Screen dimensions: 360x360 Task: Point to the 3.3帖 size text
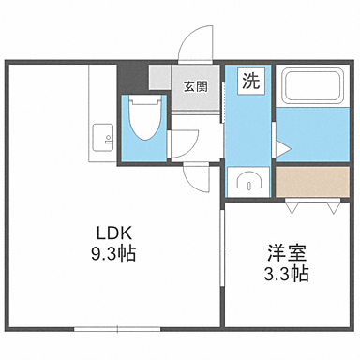[x=286, y=275]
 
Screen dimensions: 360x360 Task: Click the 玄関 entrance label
[x=195, y=87]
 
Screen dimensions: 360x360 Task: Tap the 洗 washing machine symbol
[x=252, y=81]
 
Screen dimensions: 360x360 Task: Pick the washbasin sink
[x=248, y=181]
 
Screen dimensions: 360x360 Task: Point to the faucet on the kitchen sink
[x=108, y=141]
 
